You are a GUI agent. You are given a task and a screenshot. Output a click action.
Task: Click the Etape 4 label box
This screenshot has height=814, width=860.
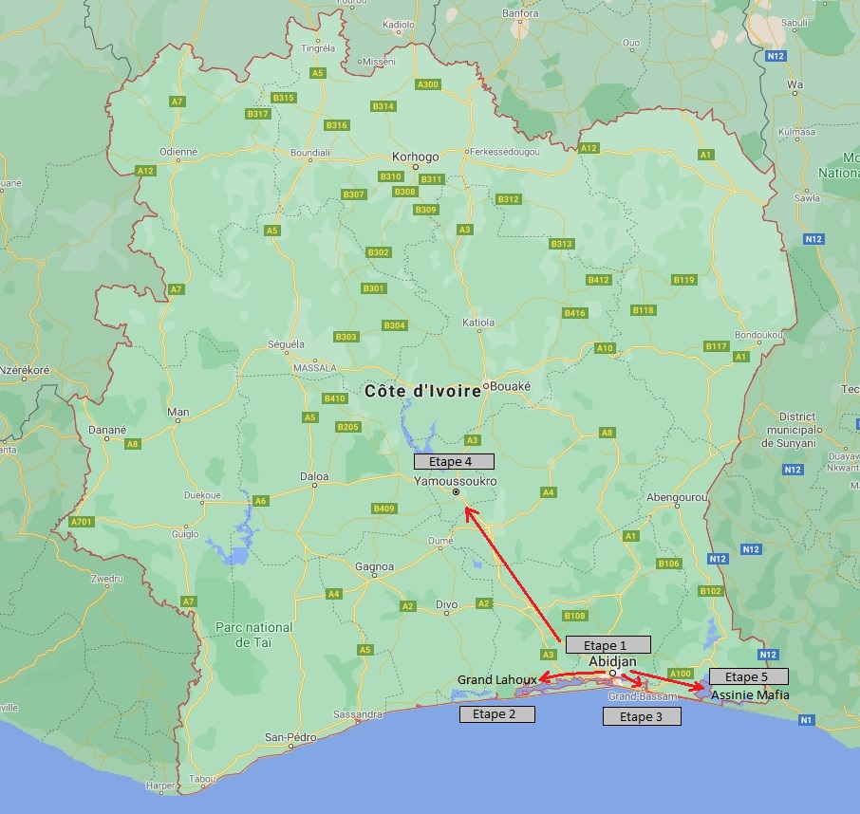tap(454, 461)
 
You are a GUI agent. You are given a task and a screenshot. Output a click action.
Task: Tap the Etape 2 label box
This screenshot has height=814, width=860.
tap(496, 713)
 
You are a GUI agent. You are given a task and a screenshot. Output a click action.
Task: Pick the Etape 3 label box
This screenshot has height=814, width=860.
tap(642, 716)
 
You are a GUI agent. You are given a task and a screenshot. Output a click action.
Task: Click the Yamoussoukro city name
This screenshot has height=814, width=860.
tap(456, 481)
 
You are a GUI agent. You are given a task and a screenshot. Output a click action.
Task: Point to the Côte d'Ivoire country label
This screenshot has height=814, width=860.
tap(422, 390)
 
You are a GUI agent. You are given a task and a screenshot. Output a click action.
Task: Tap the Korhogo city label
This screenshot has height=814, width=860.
tap(416, 157)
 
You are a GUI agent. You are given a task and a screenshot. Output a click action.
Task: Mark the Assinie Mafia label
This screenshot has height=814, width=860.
tap(750, 694)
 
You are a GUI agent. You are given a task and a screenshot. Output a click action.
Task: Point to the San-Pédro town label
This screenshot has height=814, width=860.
tap(290, 736)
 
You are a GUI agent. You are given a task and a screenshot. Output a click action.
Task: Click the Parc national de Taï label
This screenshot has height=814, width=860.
tap(254, 634)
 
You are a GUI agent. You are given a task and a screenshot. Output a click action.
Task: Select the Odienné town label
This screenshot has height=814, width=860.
tap(178, 151)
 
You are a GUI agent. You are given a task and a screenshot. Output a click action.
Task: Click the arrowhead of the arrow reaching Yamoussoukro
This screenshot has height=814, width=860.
tap(467, 511)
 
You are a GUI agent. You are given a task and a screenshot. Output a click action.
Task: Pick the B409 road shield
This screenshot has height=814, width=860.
tap(384, 509)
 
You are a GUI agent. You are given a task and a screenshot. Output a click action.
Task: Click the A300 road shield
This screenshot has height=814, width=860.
tap(428, 84)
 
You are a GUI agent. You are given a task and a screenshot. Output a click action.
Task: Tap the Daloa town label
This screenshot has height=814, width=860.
tap(314, 475)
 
